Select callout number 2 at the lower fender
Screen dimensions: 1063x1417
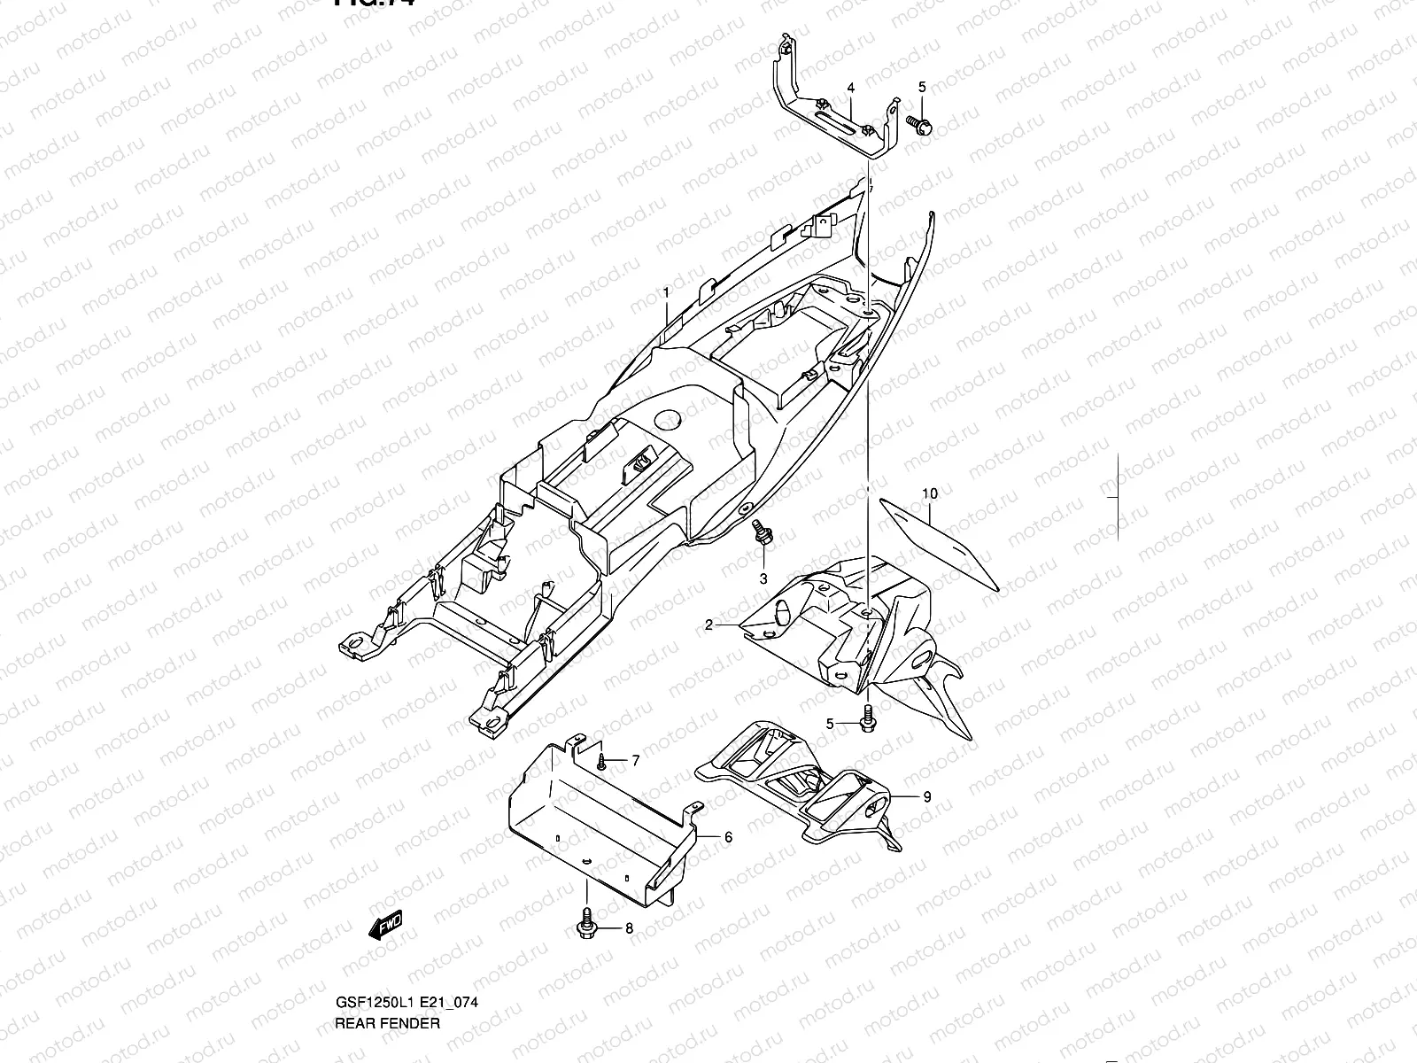[708, 625]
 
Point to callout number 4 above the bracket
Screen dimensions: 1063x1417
[850, 88]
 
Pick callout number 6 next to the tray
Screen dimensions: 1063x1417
[728, 836]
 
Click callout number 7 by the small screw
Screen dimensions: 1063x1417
[635, 760]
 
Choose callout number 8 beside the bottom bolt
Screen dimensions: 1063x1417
[630, 929]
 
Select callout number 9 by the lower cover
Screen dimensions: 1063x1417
[927, 797]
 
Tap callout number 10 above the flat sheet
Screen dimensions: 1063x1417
[929, 493]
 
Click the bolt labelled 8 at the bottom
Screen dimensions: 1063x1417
[585, 921]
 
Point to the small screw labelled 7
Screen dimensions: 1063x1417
[601, 761]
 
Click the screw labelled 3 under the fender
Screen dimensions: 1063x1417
[761, 534]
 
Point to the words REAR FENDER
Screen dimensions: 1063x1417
[386, 1023]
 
